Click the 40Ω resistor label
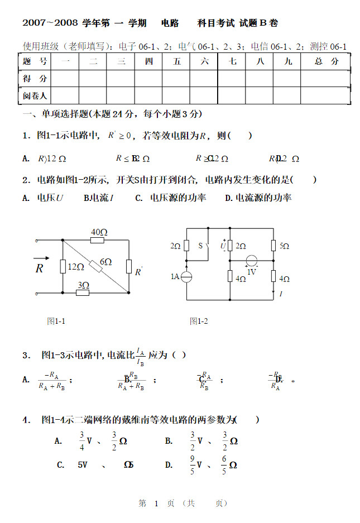99,232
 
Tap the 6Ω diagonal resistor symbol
95,267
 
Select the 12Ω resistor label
76,267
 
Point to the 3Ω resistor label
83,285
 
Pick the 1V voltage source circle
252,260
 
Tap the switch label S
201,246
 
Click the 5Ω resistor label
284,246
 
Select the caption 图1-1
56,321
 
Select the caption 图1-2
199,321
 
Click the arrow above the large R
41,258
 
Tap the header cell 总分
327,61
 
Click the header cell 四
149,61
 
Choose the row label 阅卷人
35,96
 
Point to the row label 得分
35,79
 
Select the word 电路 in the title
170,23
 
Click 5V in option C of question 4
83,464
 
